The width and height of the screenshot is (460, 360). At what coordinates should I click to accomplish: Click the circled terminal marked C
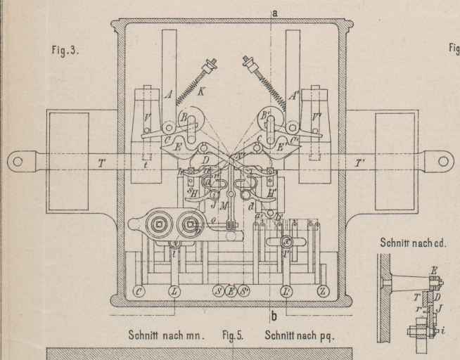point(139,290)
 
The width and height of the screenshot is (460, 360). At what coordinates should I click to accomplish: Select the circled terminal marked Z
point(324,290)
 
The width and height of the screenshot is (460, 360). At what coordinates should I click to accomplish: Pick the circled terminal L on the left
point(174,290)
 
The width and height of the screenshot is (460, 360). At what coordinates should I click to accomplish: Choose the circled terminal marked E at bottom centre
point(231,290)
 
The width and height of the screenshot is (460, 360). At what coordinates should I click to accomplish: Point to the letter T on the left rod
point(102,163)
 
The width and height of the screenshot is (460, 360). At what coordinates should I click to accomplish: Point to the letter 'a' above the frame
point(274,12)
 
